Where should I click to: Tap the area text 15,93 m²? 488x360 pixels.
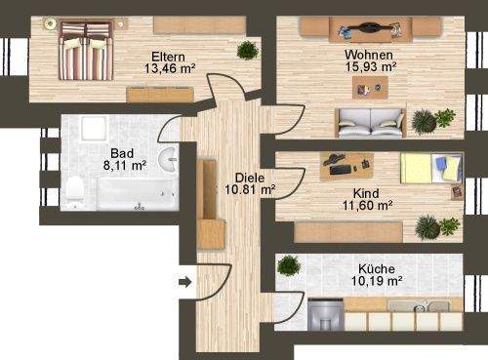371,68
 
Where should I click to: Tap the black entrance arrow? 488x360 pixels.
185,282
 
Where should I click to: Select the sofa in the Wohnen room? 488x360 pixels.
370,124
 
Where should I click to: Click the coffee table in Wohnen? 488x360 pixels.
370,90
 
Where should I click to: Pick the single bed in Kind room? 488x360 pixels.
430,171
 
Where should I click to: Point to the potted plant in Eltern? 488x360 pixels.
247,50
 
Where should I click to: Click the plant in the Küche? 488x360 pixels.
290,263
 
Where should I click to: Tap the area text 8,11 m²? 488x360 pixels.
123,166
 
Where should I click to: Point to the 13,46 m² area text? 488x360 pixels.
170,69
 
